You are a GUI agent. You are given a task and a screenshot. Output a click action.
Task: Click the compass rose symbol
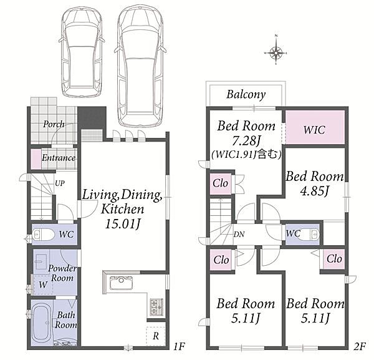coord(276,52)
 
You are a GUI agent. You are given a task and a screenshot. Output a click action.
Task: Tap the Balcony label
coord(246,95)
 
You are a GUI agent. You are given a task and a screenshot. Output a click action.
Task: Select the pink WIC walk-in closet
coord(315,127)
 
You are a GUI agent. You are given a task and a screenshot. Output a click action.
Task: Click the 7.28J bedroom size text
coord(246,141)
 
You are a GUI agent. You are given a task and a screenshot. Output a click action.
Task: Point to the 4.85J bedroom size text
coord(315,191)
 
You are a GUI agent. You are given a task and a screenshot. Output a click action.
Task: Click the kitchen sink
coord(121,283)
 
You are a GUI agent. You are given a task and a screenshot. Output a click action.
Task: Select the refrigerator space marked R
coord(156,336)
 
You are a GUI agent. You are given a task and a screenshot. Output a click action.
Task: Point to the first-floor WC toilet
coord(43,235)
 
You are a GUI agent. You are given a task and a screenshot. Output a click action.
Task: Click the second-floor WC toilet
coord(312,233)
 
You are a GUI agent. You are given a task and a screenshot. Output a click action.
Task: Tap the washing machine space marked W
coord(43,285)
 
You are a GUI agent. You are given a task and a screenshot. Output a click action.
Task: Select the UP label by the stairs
coord(60,183)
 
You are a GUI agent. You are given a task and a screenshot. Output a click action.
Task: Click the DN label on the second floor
coord(239,234)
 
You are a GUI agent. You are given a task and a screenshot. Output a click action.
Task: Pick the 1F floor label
coord(179,346)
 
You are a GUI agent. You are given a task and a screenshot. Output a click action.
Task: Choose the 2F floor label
coord(360,346)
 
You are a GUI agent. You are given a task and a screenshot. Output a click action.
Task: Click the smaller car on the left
coord(82,52)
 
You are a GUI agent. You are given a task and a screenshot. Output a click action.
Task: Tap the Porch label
coord(54,124)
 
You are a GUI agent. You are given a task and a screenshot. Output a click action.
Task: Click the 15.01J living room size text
coord(122,224)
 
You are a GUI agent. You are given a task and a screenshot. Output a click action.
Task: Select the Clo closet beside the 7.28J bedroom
coord(221,183)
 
